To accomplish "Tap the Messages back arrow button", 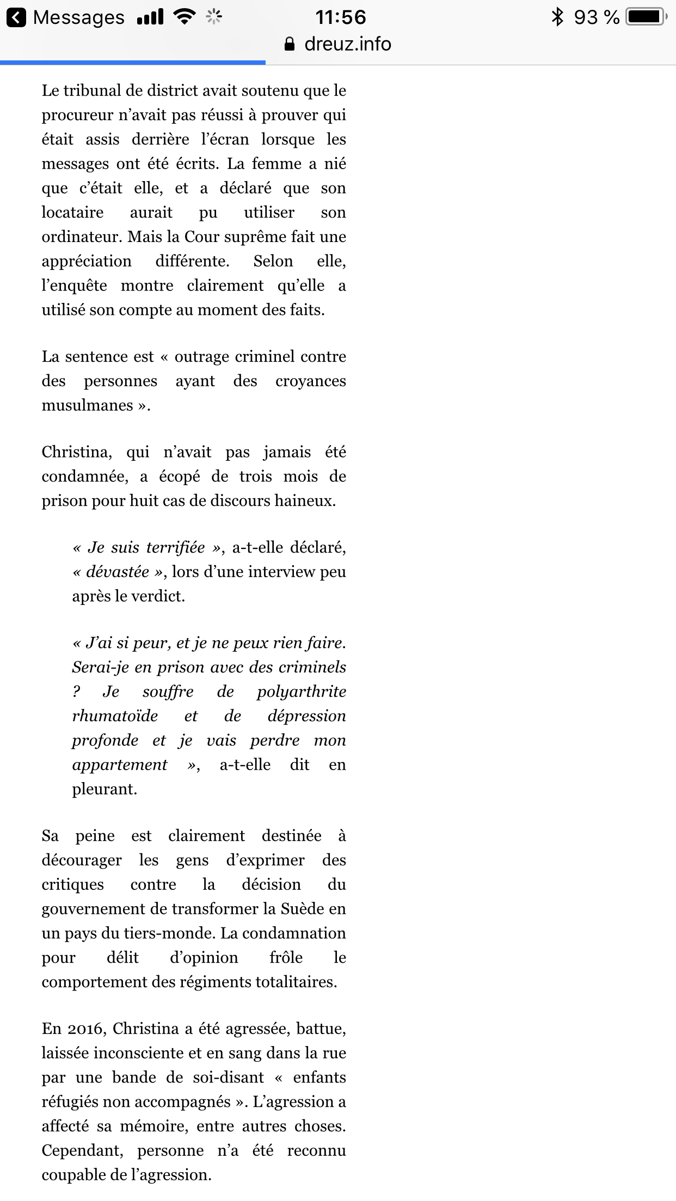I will [16, 17].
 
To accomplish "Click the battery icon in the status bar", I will [646, 17].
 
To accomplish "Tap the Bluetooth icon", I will [557, 17].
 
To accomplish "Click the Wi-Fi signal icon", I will [185, 17].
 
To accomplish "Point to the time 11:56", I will [341, 17].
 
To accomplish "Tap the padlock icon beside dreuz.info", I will [290, 44].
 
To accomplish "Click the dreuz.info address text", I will [347, 44].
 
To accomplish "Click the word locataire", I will [72, 212].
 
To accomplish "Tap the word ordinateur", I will [82, 237].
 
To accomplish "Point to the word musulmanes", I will [88, 405].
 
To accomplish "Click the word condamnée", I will [85, 476].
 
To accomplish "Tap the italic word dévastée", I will [118, 572].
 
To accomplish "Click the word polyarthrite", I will [301, 692].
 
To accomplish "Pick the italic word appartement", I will [120, 765].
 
